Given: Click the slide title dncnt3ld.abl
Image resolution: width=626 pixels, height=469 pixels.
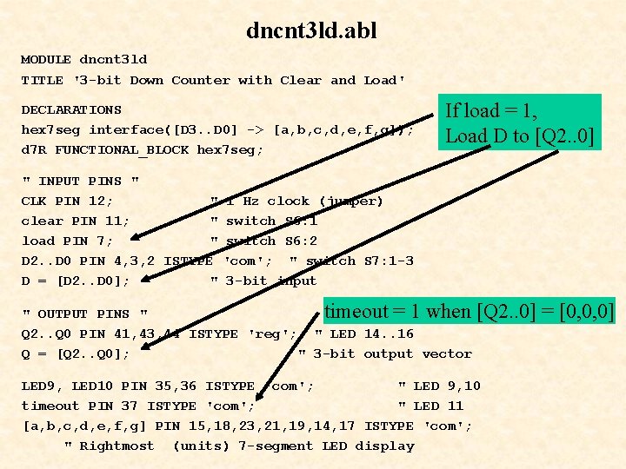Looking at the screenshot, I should coord(311,31).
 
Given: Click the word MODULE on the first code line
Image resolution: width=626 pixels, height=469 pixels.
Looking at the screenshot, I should coord(46,60).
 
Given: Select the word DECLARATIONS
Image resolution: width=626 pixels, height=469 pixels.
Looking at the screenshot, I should coord(71,110).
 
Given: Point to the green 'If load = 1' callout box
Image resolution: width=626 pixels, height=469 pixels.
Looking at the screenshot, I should coord(520,122).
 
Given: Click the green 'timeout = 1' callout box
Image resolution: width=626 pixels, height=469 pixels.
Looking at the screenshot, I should coord(469,312).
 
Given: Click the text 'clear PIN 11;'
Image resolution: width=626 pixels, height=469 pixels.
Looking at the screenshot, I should coord(76,221).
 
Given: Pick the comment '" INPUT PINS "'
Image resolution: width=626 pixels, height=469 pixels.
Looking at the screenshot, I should coord(80,182).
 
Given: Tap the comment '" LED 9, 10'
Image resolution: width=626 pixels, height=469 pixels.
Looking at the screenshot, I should coord(439,386).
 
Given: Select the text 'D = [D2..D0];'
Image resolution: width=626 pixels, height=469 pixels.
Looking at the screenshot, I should coord(76,281).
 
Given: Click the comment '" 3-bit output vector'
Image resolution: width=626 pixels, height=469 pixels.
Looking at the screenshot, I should coord(385,354).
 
